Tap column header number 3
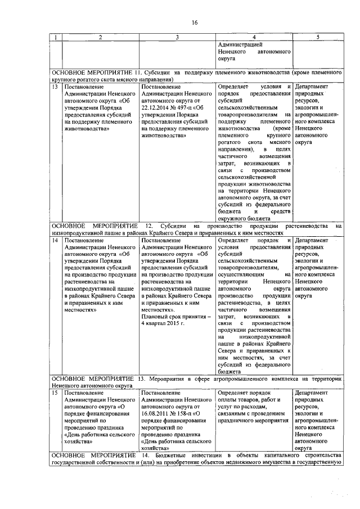(x=177, y=37)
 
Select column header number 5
(x=318, y=37)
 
